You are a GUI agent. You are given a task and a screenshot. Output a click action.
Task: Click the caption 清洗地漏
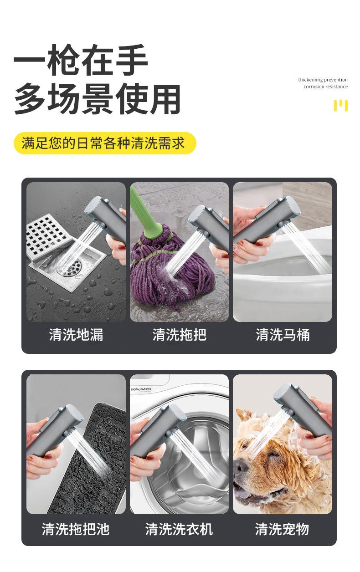(x=76, y=335)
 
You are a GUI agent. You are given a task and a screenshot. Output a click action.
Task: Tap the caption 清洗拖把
(x=180, y=335)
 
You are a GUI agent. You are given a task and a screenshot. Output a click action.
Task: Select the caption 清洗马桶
(x=283, y=335)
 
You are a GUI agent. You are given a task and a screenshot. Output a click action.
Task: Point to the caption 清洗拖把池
(x=76, y=529)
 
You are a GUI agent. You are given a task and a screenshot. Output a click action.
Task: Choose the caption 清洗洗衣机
(x=179, y=529)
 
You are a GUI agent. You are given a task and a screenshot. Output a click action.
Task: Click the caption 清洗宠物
(x=282, y=529)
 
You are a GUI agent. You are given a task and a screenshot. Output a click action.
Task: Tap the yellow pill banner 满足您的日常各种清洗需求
(x=104, y=143)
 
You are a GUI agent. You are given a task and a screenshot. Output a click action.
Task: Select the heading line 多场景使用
(x=97, y=99)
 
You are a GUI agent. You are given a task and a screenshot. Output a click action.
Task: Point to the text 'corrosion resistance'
(x=325, y=87)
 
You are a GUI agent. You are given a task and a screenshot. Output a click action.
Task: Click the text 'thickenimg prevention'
(x=323, y=80)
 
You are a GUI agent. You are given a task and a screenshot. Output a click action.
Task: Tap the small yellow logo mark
(x=340, y=105)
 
